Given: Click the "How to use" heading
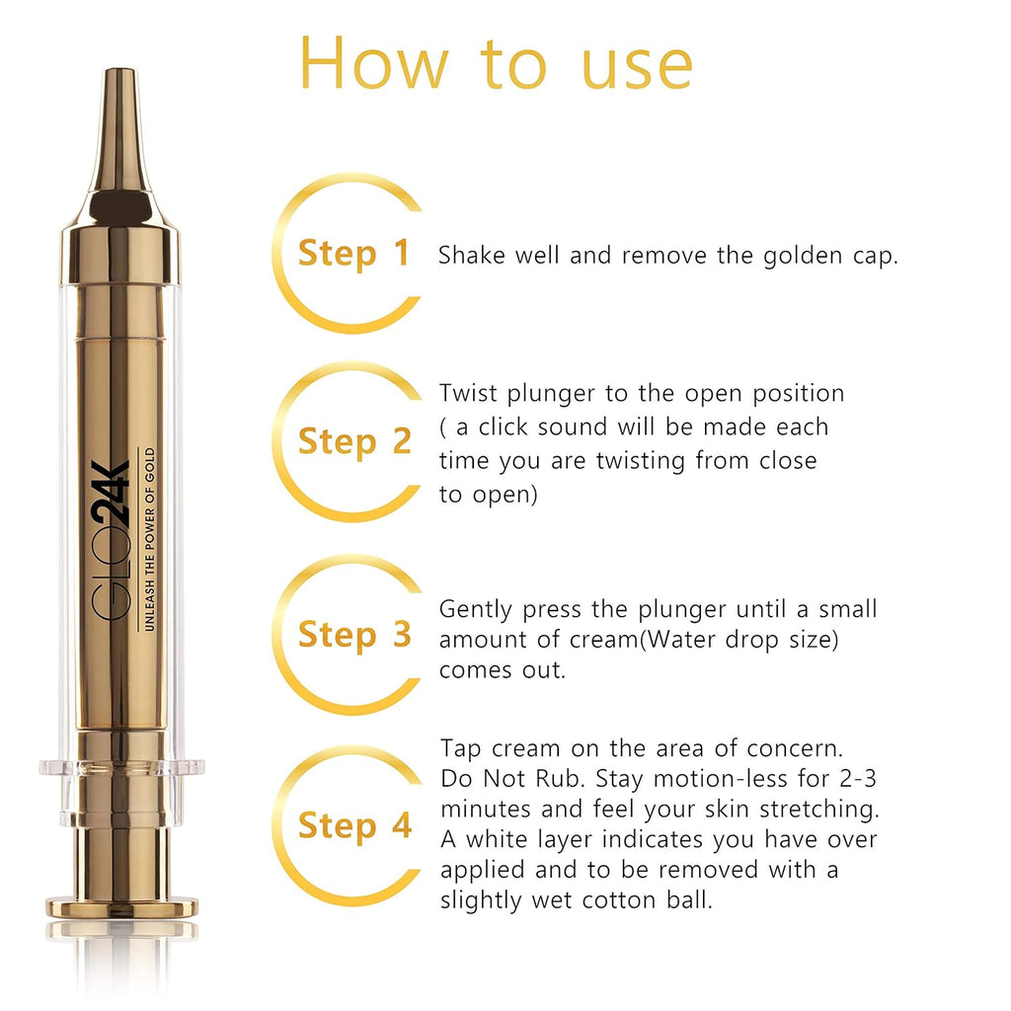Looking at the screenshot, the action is pos(496,63).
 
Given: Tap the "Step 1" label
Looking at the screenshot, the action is pos(354,254).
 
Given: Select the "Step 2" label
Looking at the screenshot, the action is pos(354,442).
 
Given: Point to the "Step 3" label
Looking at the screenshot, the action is pos(354,635).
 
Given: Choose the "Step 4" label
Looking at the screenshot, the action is pos(354,826).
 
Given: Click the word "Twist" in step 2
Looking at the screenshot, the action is pos(468,393).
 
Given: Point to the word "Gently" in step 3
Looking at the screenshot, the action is pos(476,610).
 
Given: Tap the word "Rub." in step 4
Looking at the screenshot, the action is pos(561,779).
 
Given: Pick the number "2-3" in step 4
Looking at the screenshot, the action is pos(858,779).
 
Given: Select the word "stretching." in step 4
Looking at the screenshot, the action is pos(819,810).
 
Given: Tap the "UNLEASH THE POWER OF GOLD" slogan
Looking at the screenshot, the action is pos(149,539).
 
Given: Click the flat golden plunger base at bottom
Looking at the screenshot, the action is pos(121,907).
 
